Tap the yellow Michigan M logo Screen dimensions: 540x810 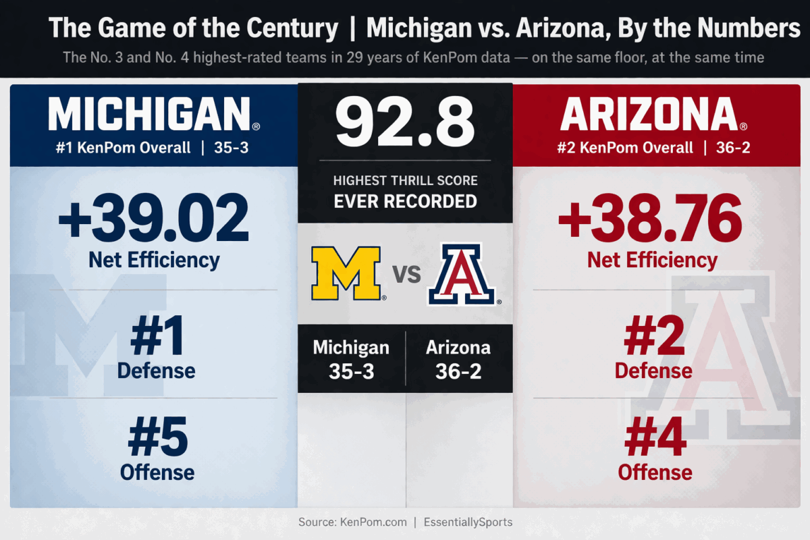pos(346,273)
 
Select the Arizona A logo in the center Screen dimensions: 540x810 pos(462,274)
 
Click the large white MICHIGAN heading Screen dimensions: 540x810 pos(150,114)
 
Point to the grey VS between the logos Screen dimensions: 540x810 pos(406,275)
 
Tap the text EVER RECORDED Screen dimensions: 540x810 pos(405,201)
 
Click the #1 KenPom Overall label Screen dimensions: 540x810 pos(123,147)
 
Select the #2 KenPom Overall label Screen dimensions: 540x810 pos(625,147)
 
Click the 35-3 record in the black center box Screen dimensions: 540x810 pos(351,371)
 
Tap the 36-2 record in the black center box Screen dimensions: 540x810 pos(458,371)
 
